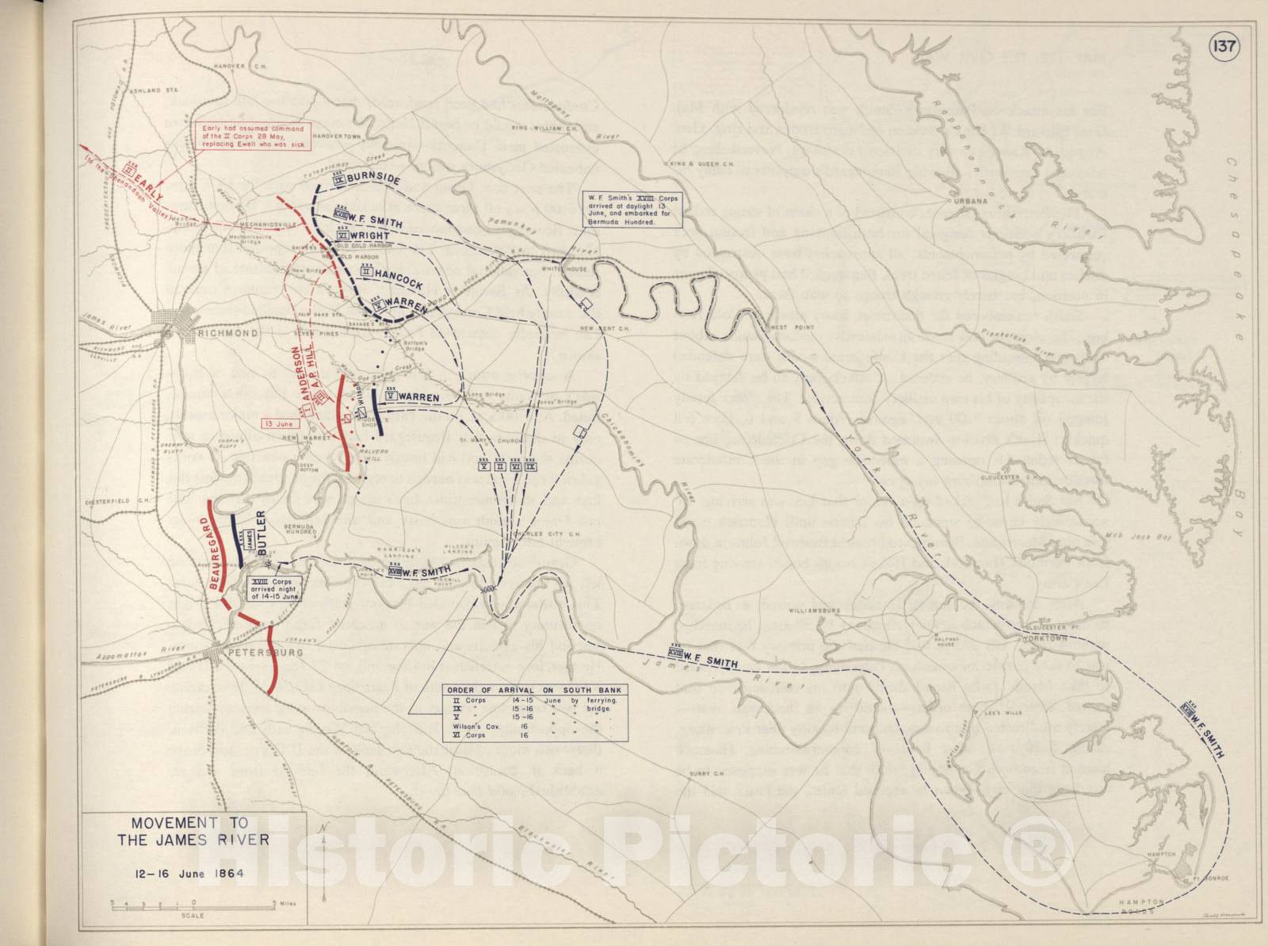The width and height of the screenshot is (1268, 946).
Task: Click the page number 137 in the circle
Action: [x=1223, y=46]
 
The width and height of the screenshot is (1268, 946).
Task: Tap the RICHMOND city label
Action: [x=231, y=333]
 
